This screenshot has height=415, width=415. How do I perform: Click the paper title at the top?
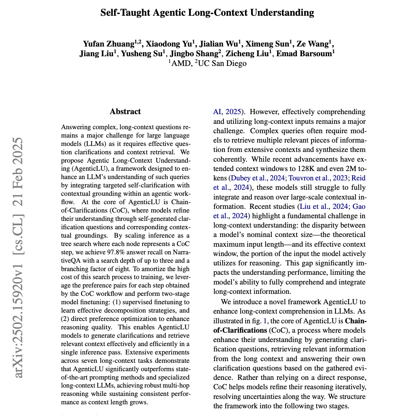(207, 13)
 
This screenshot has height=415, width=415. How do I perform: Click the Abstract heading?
(125, 111)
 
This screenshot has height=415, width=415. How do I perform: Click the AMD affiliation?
(180, 63)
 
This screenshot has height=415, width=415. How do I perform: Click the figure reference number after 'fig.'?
(265, 321)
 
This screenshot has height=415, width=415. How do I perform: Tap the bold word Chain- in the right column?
(355, 321)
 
